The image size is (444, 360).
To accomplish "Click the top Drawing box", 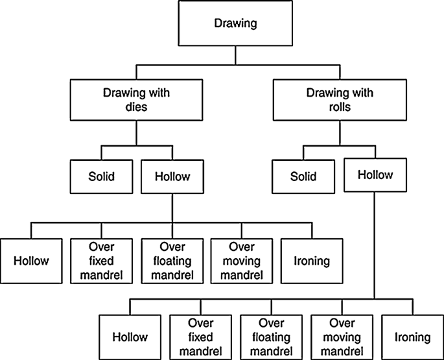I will (235, 25).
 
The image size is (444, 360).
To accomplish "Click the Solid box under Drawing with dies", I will (101, 175).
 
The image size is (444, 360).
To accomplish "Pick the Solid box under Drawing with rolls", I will (303, 175).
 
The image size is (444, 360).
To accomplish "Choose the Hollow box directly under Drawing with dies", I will (171, 175).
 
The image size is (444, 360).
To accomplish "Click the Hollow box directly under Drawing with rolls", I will (374, 175).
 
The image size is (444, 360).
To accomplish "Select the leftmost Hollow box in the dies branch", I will (31, 261).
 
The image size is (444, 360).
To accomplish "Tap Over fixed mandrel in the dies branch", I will (100, 261).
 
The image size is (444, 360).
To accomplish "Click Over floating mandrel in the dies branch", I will (171, 261).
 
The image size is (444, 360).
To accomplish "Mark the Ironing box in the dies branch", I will (311, 261).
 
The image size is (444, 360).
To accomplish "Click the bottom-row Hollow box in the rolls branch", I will (130, 337).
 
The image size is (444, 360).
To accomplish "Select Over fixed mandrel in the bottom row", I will (200, 337).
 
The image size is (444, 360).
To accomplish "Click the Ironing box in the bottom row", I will (412, 337).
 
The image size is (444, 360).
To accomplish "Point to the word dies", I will (136, 107).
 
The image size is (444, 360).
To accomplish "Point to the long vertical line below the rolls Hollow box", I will (374, 246).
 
